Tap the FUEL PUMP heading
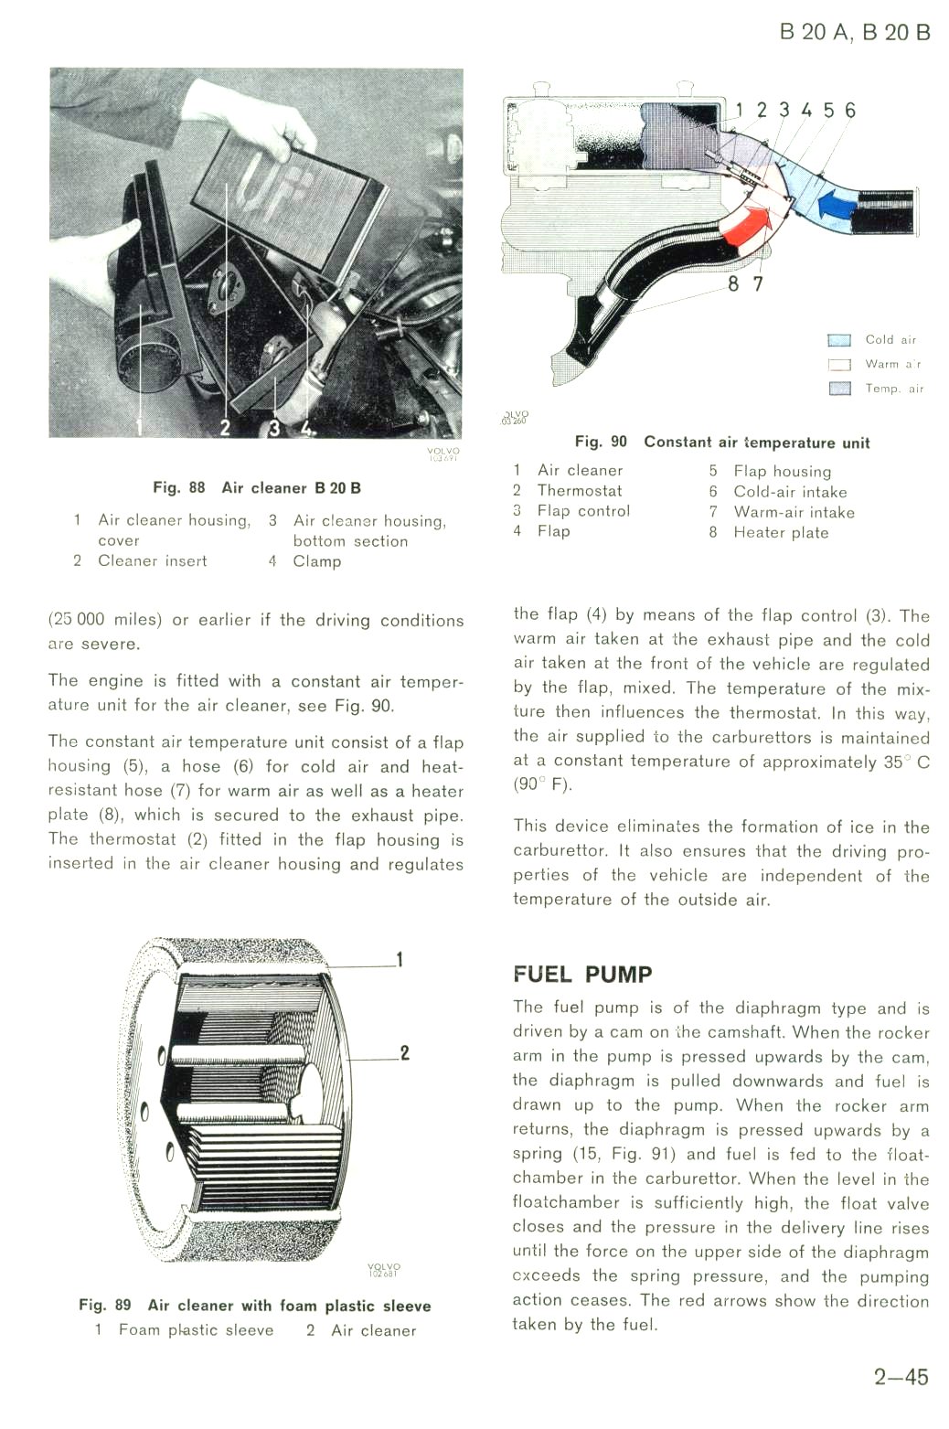(x=582, y=974)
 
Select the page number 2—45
(x=901, y=1377)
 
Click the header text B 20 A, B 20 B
(x=855, y=32)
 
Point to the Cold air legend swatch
(x=838, y=340)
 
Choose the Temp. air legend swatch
(x=839, y=389)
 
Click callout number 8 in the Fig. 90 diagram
(x=733, y=284)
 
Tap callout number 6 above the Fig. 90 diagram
(x=850, y=111)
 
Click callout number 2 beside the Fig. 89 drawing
(x=404, y=1053)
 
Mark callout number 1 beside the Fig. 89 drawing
(x=400, y=959)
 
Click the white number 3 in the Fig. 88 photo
(x=273, y=428)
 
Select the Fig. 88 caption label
(x=257, y=488)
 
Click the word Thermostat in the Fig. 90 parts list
(x=580, y=491)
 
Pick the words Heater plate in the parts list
(x=781, y=533)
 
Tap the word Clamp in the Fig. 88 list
(x=317, y=561)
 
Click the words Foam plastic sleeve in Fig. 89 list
(x=196, y=1330)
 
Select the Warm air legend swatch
(x=838, y=365)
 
